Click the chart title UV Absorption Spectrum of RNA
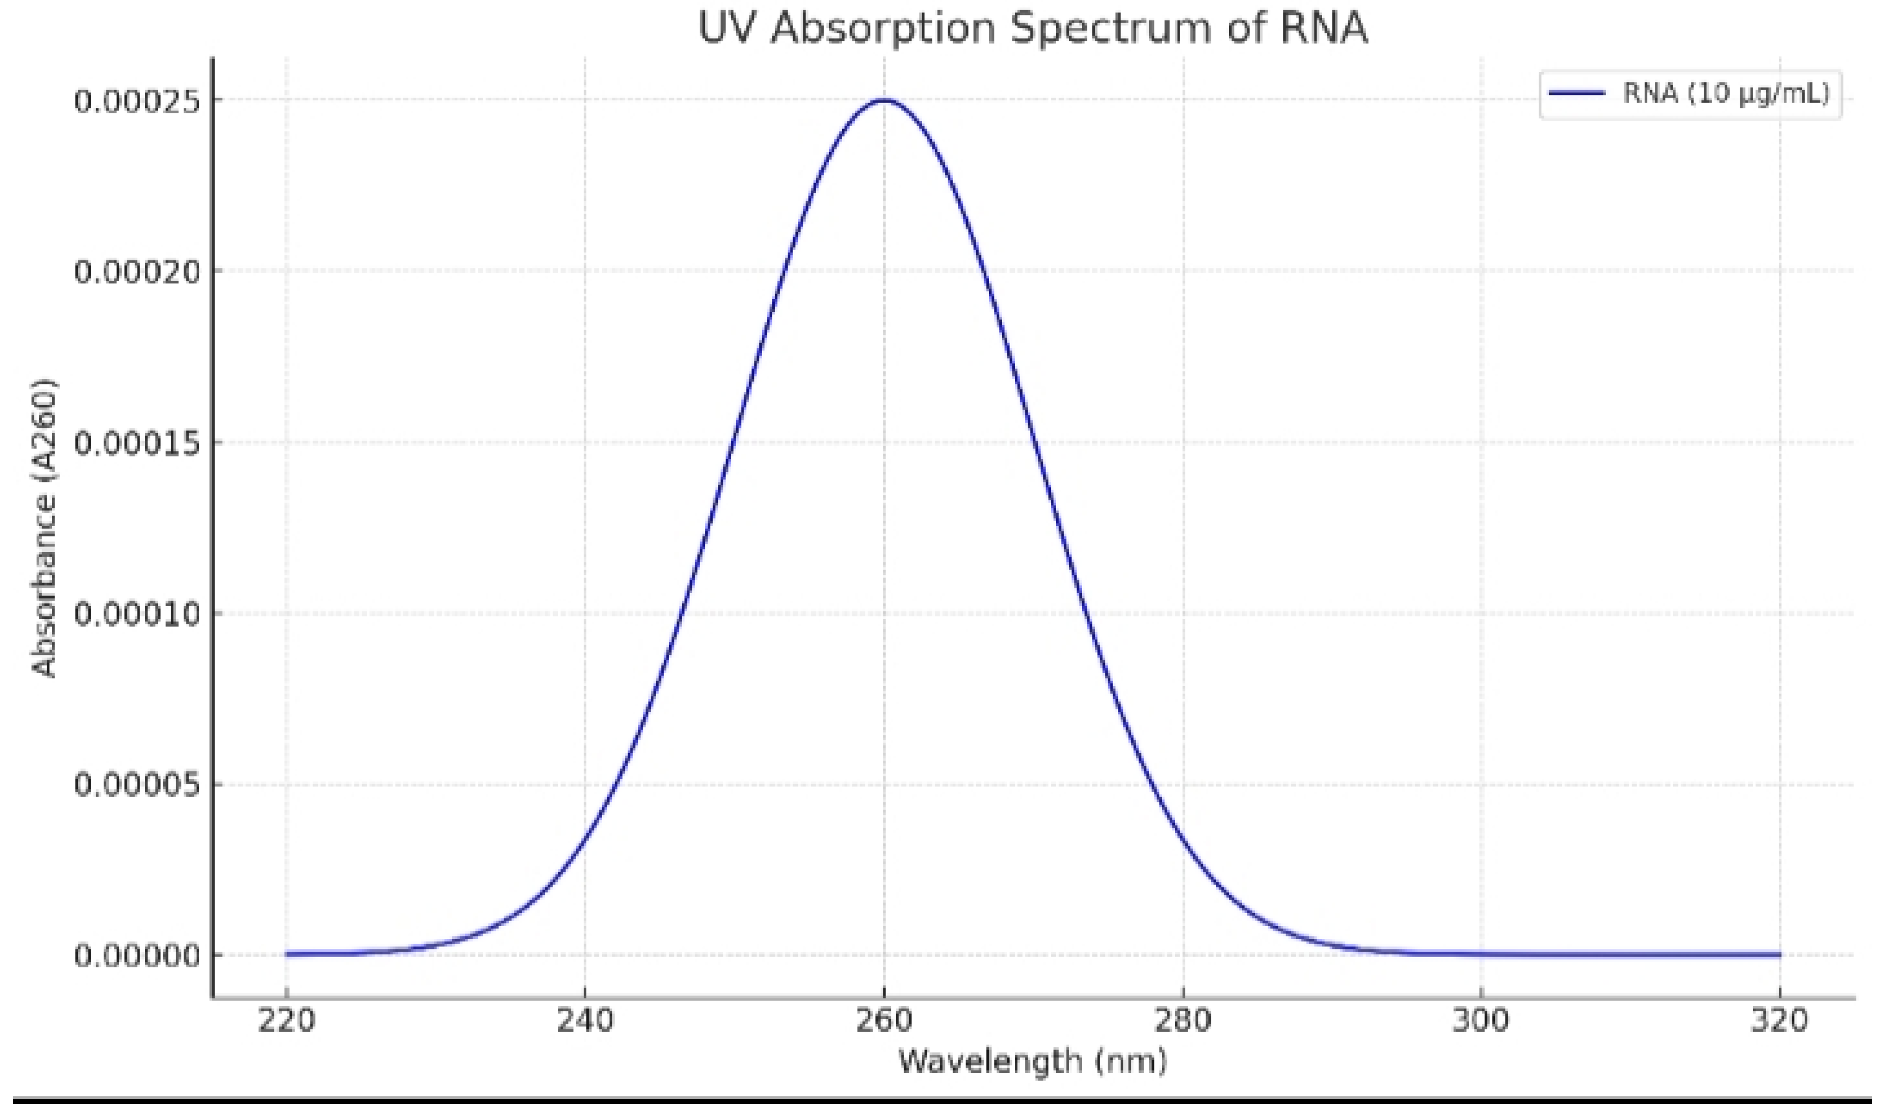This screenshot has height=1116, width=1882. point(1033,28)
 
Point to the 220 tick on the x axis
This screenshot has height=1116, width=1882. point(286,1021)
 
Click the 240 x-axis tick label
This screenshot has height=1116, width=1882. point(584,1021)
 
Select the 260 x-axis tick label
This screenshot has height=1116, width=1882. point(884,1021)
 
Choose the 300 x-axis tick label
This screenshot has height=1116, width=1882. point(1481,1021)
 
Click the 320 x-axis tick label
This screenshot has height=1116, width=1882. point(1779,1021)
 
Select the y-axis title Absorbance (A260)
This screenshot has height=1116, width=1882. point(45,527)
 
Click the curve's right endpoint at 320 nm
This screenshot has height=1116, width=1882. point(1779,954)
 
